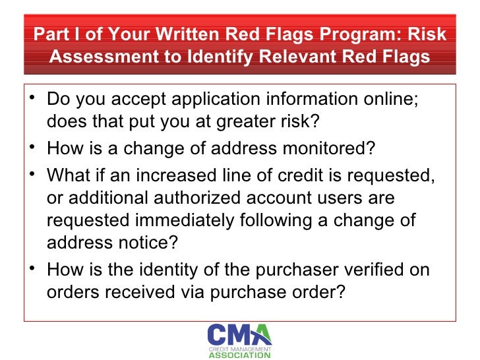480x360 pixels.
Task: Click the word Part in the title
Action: [50, 34]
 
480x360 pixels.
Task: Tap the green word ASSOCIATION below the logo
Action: [239, 355]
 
